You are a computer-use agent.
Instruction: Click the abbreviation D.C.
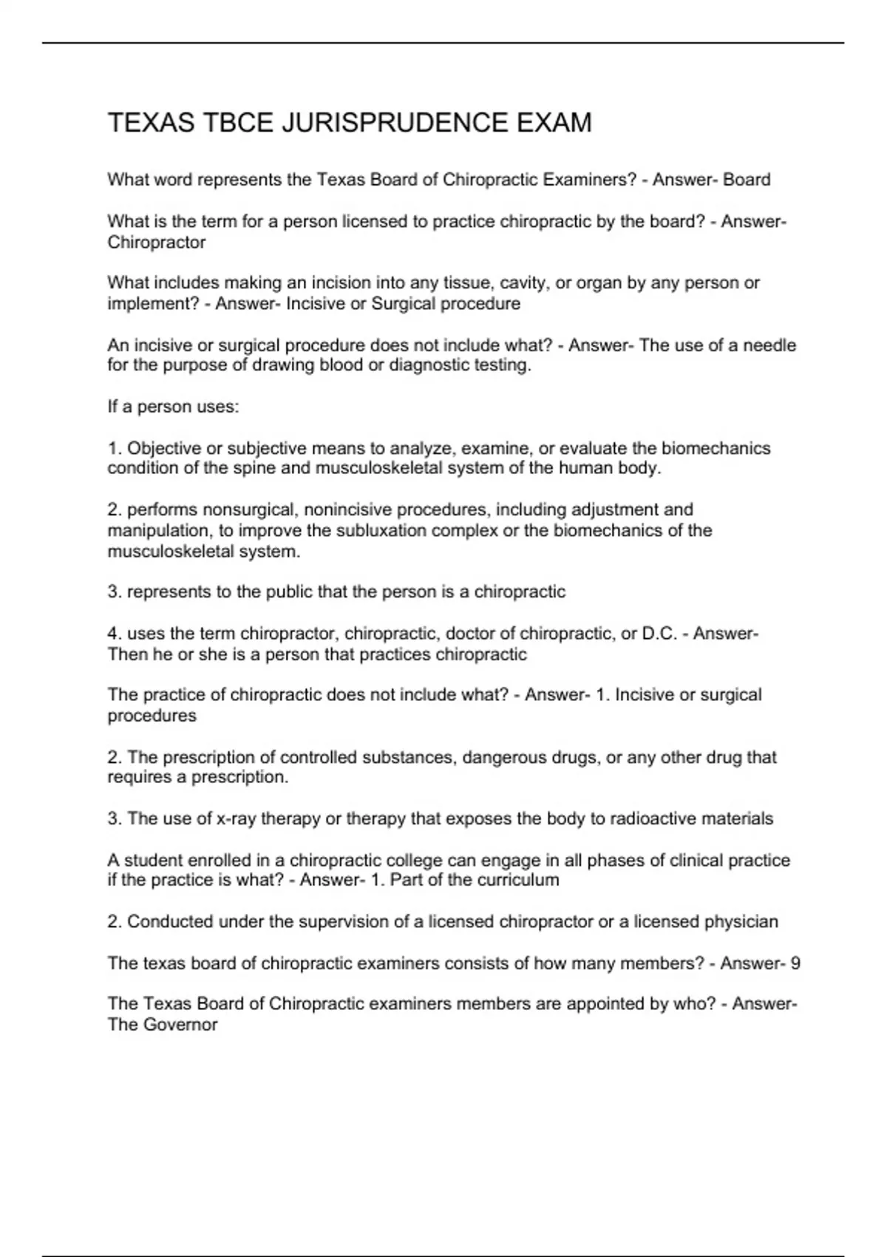[x=659, y=634]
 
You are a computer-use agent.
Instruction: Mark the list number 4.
[x=113, y=634]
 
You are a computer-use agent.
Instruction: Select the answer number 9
[x=795, y=963]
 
